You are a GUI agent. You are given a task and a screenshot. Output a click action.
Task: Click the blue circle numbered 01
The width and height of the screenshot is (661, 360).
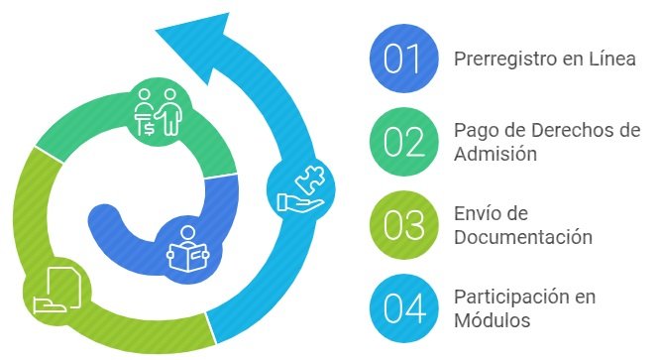pyautogui.click(x=402, y=59)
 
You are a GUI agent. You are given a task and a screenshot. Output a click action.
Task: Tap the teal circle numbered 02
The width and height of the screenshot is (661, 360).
pyautogui.click(x=402, y=142)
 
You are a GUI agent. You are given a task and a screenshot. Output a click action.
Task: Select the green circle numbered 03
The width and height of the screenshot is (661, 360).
pyautogui.click(x=402, y=224)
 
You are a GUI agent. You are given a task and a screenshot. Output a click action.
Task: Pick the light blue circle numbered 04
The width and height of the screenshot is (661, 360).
pyautogui.click(x=402, y=307)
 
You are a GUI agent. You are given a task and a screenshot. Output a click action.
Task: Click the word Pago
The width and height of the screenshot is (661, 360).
pyautogui.click(x=474, y=131)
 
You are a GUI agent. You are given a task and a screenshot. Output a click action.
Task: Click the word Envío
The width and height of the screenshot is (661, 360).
pyautogui.click(x=478, y=214)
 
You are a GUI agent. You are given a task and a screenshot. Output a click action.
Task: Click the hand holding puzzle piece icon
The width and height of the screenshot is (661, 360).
pyautogui.click(x=301, y=189)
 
